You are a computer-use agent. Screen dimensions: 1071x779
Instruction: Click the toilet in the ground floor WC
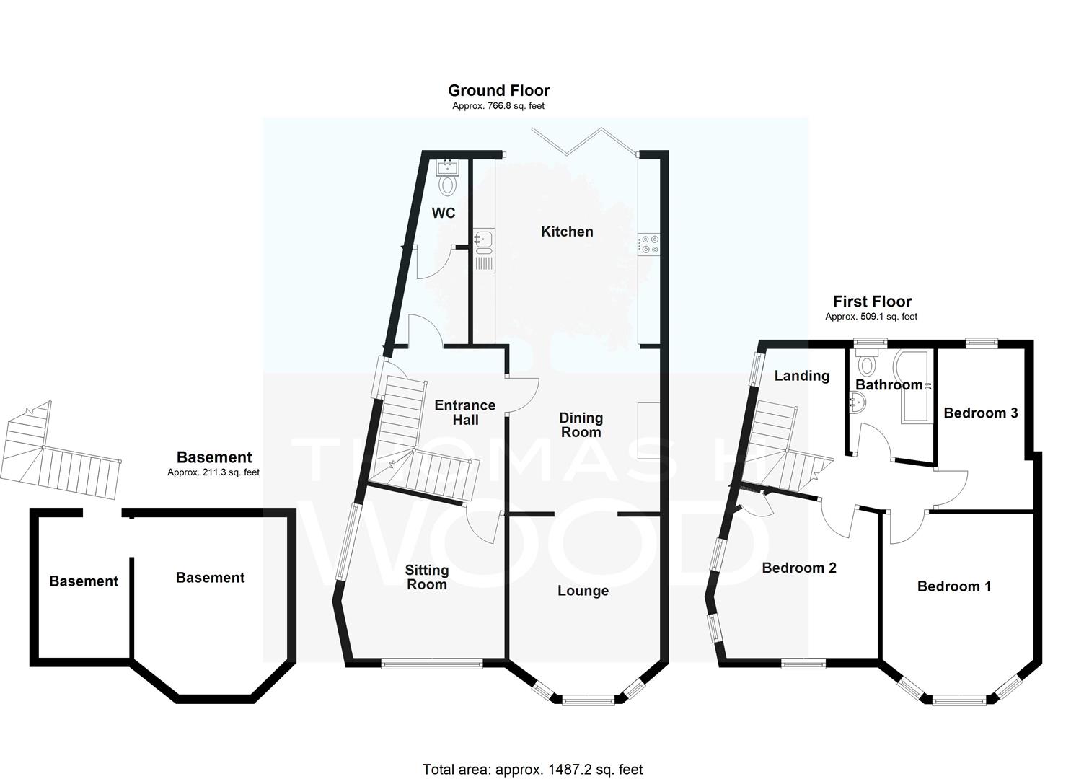tap(448, 185)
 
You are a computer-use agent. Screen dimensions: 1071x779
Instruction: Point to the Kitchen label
tap(567, 232)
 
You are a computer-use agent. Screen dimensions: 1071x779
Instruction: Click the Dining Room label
tap(581, 425)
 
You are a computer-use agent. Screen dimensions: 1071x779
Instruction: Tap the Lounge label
tap(583, 591)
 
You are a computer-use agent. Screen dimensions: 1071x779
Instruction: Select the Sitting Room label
tap(426, 577)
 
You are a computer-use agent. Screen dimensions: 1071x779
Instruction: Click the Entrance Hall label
tap(464, 413)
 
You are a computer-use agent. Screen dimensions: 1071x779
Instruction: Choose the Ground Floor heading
tap(498, 90)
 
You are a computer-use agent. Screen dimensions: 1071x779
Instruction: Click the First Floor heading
tap(872, 302)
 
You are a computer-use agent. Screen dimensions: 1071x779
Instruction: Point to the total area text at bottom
tap(533, 756)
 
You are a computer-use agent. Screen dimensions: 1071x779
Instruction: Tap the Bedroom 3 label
tap(981, 413)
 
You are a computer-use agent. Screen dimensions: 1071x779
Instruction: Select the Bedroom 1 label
tap(954, 586)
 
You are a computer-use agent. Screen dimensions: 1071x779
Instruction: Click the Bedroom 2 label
tap(799, 568)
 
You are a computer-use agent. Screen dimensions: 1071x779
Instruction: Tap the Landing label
tap(802, 377)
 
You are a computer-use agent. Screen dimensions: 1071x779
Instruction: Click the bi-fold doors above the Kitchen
tap(584, 141)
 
